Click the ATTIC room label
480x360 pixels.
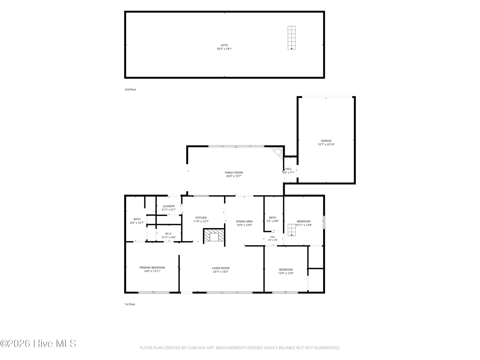(x=224, y=45)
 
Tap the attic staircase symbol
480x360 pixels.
(x=292, y=37)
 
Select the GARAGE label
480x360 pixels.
(x=326, y=141)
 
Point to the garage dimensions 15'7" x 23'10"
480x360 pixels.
(x=326, y=144)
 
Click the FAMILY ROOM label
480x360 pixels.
(x=234, y=172)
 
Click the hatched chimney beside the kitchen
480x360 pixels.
(x=214, y=235)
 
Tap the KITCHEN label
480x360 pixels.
(x=201, y=218)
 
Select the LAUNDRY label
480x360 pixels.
(x=169, y=206)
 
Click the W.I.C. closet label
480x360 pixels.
(x=169, y=234)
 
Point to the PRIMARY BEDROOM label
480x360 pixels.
(x=152, y=268)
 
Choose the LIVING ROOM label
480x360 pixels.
(x=220, y=268)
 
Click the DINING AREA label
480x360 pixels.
(x=244, y=221)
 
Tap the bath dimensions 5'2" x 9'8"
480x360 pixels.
(x=273, y=221)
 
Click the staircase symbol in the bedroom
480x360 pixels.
(x=292, y=230)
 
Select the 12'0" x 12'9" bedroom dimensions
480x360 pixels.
(x=286, y=273)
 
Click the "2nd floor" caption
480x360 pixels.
(x=130, y=89)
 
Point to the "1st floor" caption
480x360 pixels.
(x=130, y=304)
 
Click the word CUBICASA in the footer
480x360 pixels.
(x=196, y=348)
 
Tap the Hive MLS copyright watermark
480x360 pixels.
(x=38, y=343)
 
